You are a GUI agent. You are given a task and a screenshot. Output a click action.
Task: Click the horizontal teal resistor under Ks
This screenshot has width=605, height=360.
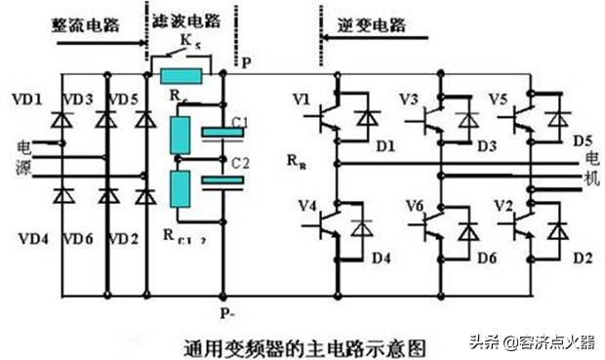click(182, 76)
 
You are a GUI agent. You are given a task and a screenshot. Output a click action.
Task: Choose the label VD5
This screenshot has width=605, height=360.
click(123, 99)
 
